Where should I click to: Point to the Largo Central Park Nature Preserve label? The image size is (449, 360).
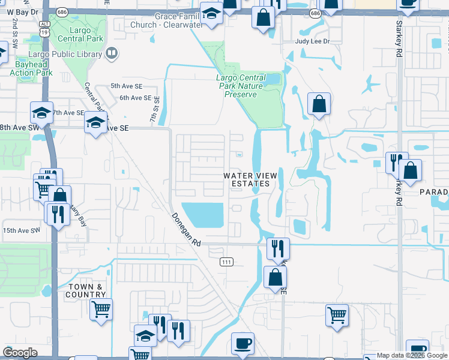(x=241, y=86)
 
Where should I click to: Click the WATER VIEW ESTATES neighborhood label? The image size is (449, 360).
(x=250, y=179)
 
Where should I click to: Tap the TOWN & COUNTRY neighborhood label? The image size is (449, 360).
(x=86, y=290)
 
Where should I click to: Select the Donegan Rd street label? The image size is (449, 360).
(x=185, y=230)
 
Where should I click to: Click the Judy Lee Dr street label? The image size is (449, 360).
(x=313, y=41)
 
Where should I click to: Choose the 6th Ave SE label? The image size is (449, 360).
(x=135, y=97)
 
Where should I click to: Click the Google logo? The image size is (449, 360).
(x=20, y=353)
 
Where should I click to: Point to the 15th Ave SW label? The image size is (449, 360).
(x=20, y=230)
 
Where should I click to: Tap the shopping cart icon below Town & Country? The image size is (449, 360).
(x=101, y=310)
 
